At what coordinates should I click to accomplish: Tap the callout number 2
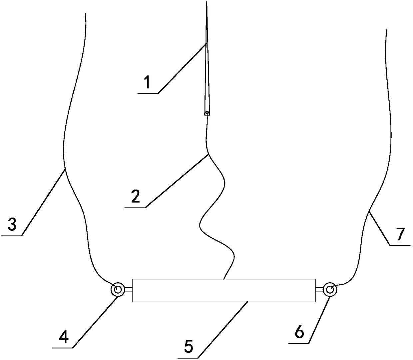coord(135,197)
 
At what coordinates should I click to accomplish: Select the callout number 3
coord(12,225)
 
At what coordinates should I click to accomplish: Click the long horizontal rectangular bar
coord(224,290)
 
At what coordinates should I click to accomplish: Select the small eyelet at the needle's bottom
coord(207,113)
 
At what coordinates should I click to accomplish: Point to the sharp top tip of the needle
coord(206,3)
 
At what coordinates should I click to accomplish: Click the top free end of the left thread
coord(86,14)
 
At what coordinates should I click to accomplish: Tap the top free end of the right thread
coord(386,29)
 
